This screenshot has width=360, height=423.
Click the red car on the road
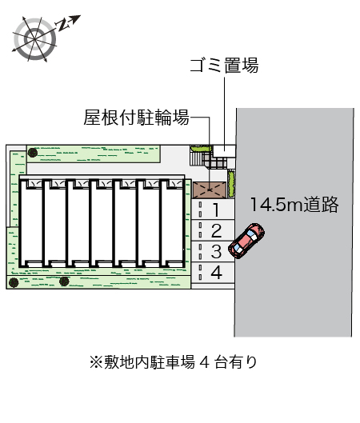coord(246,241)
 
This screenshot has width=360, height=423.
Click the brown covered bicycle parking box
coord(210,190)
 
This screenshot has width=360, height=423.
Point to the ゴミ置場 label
coord(224,66)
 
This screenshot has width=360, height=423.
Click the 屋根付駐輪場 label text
coord(136,118)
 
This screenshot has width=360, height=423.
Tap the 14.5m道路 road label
coord(294,204)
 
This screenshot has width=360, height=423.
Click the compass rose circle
coord(35,39)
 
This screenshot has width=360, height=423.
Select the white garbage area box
coord(224,151)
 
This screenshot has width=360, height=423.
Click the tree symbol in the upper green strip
coord(33,153)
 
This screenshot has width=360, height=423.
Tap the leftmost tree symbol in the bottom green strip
coord(14,282)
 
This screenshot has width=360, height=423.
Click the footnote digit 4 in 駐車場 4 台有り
coord(205,362)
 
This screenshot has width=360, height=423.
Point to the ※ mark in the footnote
coord(96,362)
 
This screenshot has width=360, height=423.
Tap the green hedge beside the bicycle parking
coord(231,183)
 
